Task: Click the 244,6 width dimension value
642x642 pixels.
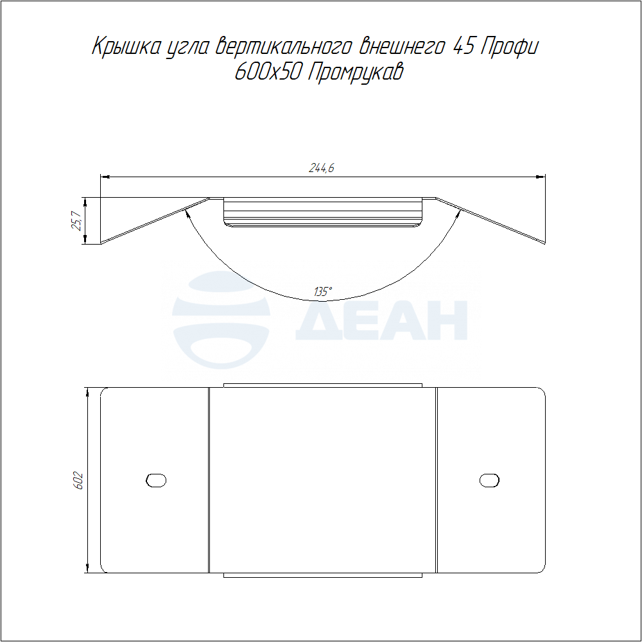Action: [x=322, y=168]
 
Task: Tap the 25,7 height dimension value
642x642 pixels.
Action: [x=76, y=221]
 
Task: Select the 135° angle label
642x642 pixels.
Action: [x=323, y=291]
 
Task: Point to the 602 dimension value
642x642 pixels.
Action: [x=78, y=481]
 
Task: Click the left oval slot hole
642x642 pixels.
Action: [x=156, y=480]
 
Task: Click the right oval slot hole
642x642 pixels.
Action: [x=489, y=480]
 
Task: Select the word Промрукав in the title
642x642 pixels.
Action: [x=355, y=73]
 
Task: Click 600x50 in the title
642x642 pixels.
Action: [x=268, y=72]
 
